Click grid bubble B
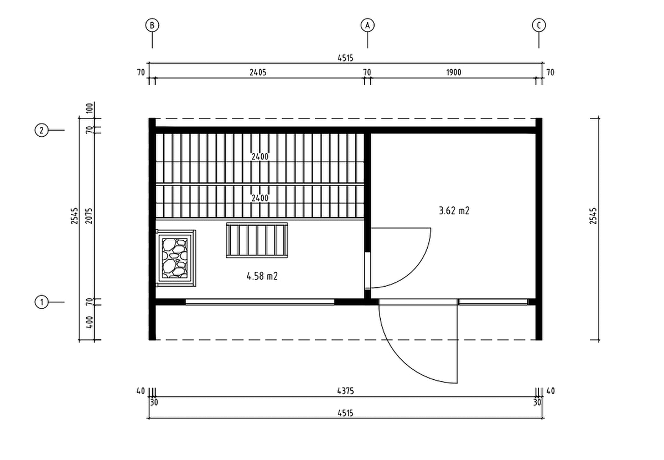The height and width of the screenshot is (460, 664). tap(152, 25)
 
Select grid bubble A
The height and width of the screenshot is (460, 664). tap(367, 25)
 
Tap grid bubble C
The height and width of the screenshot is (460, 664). tap(538, 25)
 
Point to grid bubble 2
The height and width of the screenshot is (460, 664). tap(41, 130)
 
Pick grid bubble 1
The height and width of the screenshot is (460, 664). tap(41, 302)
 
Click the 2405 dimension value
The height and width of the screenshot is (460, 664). tap(258, 73)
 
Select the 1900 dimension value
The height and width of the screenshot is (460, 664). tap(454, 73)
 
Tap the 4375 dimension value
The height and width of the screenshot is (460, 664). tap(346, 391)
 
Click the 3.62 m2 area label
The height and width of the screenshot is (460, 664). tap(454, 211)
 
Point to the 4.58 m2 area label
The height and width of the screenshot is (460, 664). tap(262, 276)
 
